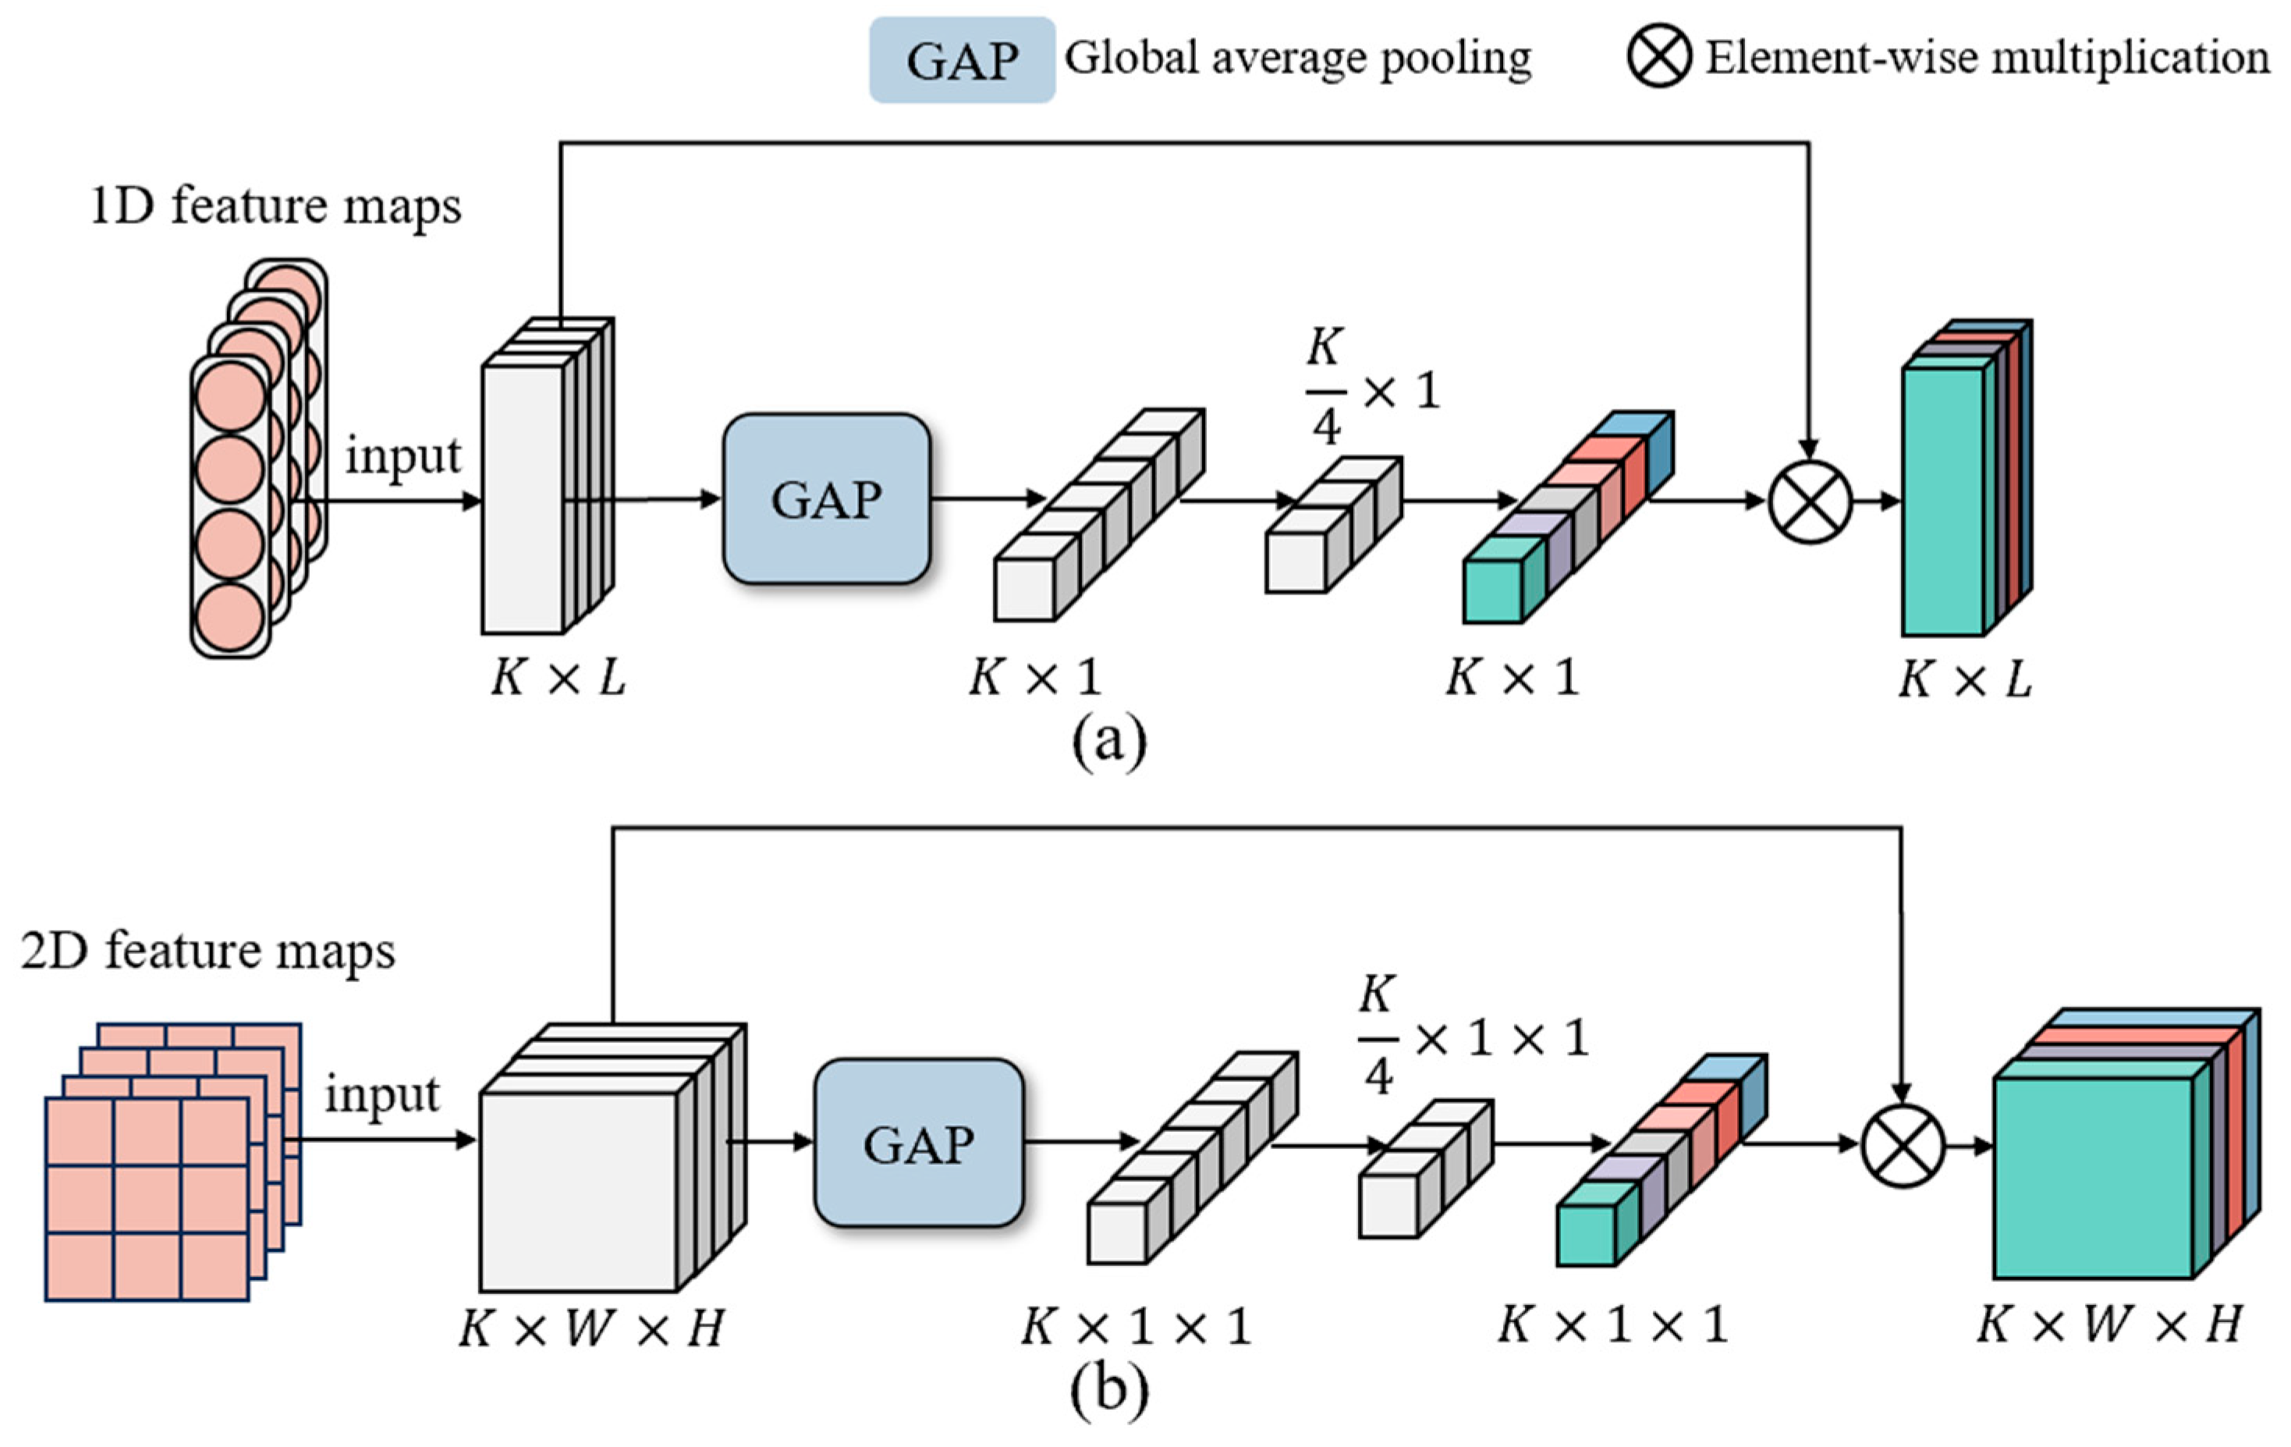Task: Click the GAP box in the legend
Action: [961, 59]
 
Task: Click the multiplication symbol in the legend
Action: [1658, 56]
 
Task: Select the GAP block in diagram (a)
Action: [826, 498]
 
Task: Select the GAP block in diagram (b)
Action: [918, 1143]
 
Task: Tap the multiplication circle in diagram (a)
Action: [1810, 502]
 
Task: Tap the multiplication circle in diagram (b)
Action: [1901, 1145]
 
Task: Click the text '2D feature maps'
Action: [207, 950]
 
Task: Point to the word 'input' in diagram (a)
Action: [403, 455]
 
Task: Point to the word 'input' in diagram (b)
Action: [382, 1094]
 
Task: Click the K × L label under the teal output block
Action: [1965, 679]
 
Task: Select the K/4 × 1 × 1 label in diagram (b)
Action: [1472, 1035]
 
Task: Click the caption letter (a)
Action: [1108, 740]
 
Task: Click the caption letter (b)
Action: [1108, 1390]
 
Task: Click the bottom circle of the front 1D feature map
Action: [229, 616]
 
